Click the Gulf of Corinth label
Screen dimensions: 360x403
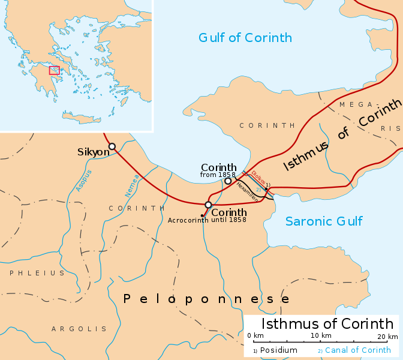tap(245, 38)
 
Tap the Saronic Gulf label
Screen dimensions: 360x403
tap(324, 221)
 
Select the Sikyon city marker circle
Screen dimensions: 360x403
tap(112, 146)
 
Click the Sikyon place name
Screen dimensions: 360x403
tap(93, 152)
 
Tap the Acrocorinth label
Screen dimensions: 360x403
tap(188, 220)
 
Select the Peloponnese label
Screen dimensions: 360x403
tap(206, 299)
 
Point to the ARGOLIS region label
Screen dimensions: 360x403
tap(79, 329)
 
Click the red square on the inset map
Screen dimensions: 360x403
tap(54, 70)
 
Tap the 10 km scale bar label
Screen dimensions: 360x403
tap(320, 335)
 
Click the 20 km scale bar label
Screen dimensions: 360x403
tap(384, 335)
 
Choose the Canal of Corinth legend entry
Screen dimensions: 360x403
tap(357, 350)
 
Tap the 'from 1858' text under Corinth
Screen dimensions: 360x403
tap(218, 175)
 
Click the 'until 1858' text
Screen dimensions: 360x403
tap(228, 220)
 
